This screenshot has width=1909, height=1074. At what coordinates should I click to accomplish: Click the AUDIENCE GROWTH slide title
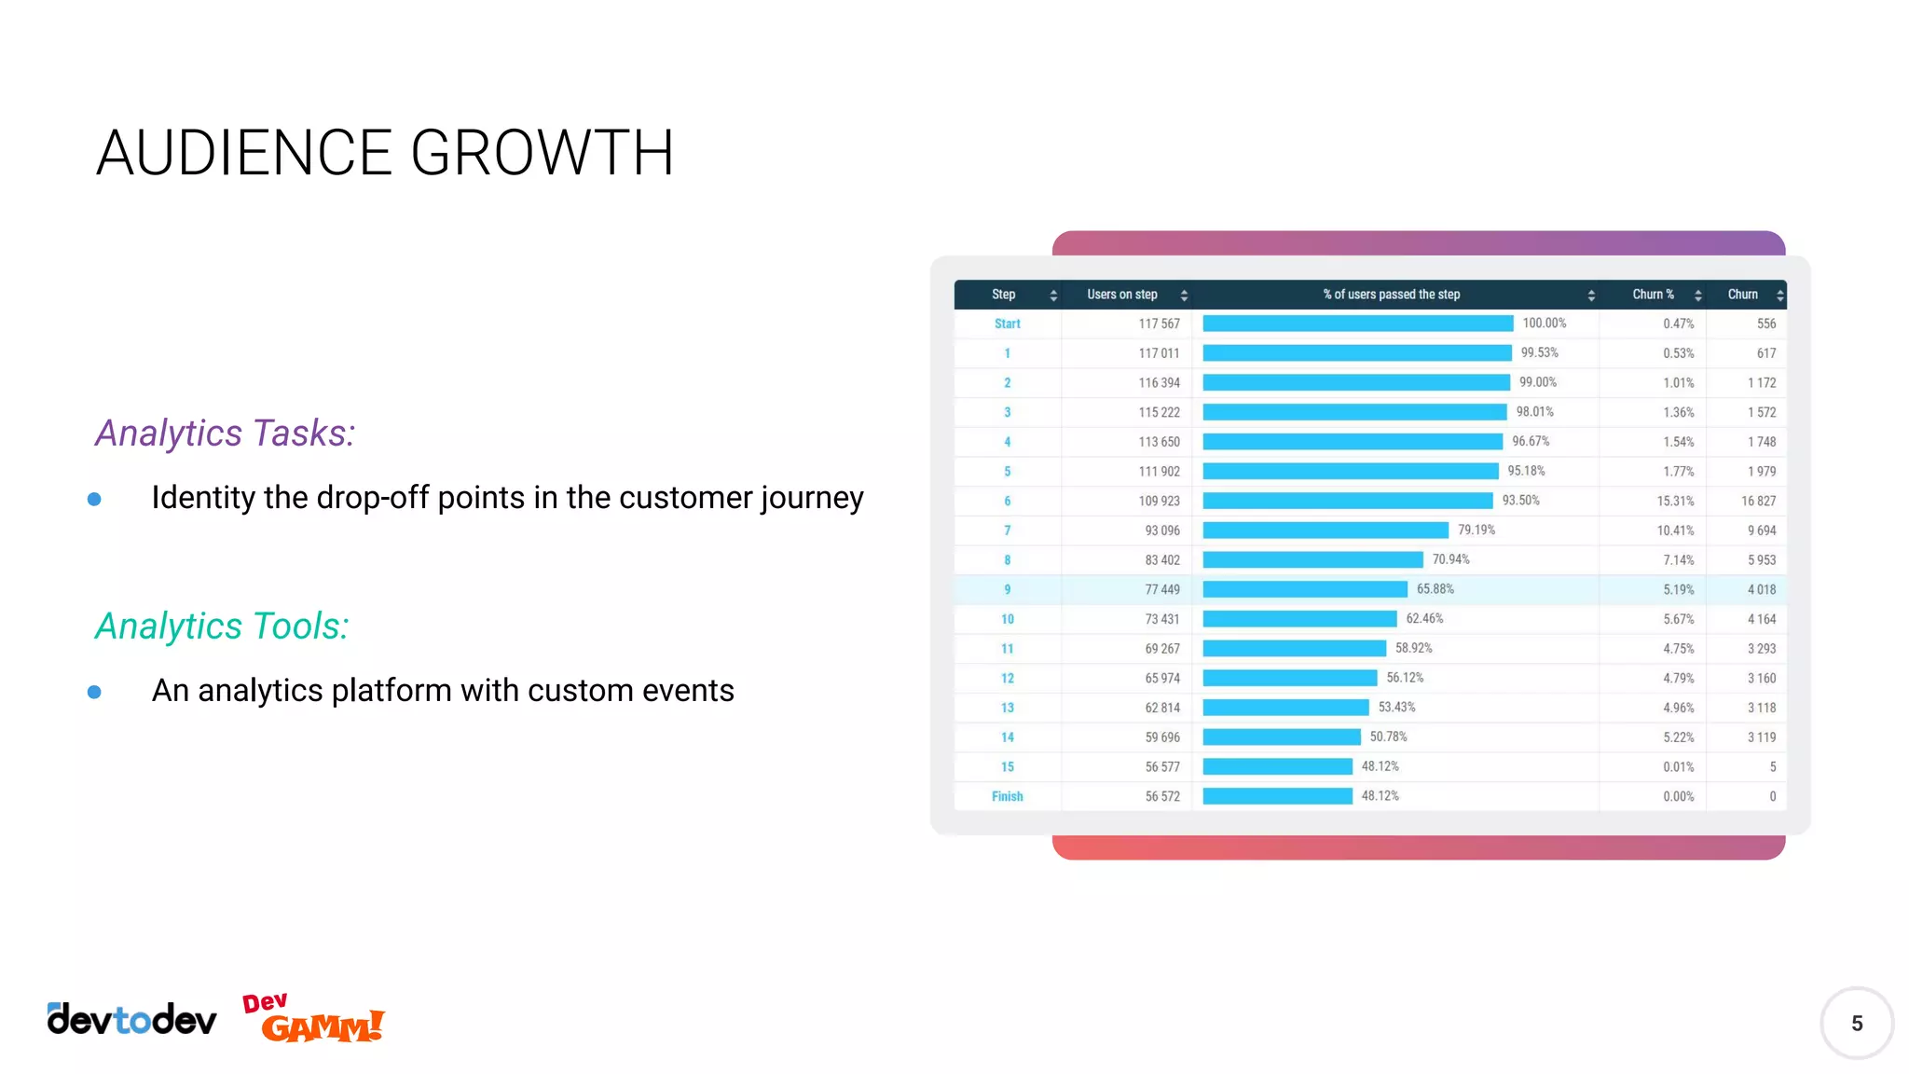[x=385, y=153]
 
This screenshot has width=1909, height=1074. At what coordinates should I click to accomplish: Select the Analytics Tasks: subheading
[x=225, y=434]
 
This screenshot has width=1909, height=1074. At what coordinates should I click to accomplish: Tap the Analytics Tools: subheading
[x=222, y=626]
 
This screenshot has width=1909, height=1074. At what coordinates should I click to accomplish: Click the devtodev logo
[x=131, y=1020]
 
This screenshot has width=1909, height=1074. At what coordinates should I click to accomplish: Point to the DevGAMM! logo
[x=313, y=1019]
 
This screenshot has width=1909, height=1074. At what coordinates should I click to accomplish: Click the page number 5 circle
[x=1856, y=1024]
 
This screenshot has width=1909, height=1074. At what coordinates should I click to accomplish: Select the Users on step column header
[x=1121, y=295]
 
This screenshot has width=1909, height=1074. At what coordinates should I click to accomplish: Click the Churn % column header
[x=1653, y=295]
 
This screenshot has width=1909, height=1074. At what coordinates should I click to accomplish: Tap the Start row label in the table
[x=1007, y=324]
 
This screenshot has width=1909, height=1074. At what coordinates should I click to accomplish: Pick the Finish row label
[x=1007, y=797]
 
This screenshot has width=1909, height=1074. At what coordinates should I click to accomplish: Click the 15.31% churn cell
[x=1675, y=502]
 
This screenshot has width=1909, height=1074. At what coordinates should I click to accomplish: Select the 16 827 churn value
[x=1758, y=502]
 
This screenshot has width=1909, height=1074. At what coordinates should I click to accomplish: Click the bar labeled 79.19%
[x=1325, y=530]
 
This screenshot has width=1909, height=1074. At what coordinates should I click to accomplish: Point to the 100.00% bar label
[x=1544, y=324]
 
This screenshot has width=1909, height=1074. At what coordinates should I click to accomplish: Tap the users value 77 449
[x=1161, y=590]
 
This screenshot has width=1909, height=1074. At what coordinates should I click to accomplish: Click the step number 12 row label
[x=1007, y=679]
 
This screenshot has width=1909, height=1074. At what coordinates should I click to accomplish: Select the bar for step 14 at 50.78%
[x=1282, y=737]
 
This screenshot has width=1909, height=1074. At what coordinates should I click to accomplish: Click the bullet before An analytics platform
[x=94, y=692]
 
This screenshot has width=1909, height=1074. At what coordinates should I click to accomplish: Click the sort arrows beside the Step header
[x=1053, y=296]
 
